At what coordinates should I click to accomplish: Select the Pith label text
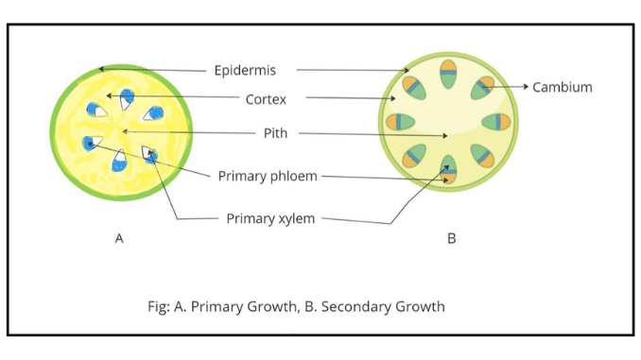pos(274,133)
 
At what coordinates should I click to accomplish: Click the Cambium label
pos(563,87)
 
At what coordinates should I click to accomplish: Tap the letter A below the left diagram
pos(119,239)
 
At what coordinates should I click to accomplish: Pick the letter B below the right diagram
pos(451,239)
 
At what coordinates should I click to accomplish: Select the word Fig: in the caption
pos(153,306)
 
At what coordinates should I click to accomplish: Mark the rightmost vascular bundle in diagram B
pos(496,122)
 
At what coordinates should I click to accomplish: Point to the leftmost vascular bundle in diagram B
pos(402,122)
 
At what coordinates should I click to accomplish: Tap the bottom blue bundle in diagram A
pos(119,163)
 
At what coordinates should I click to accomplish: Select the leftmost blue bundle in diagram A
pos(88,143)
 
